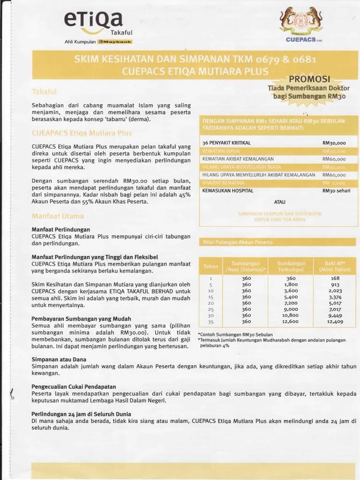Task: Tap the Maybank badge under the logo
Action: tap(115, 42)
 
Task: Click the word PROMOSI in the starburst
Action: tap(309, 78)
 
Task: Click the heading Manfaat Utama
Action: tap(58, 216)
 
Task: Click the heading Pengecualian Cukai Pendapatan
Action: tap(74, 386)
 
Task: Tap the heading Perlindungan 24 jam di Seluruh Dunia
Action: tap(81, 414)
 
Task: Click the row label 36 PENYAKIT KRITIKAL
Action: tap(226, 142)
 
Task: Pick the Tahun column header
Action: tap(210, 266)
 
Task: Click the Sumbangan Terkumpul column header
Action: tap(291, 266)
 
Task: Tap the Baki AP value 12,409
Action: tap(335, 322)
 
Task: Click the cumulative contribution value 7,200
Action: tap(291, 303)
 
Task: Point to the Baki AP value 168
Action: tap(335, 278)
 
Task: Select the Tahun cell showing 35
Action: tap(210, 322)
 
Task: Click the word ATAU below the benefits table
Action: tap(280, 202)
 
